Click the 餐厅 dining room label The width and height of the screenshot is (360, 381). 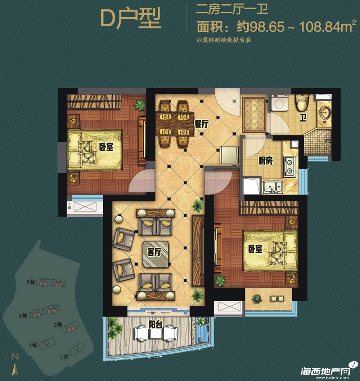201,124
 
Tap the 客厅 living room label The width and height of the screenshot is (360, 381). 154,252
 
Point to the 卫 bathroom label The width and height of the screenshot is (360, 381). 303,118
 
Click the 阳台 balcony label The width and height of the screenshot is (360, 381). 156,324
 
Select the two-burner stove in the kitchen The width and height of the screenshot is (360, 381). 289,167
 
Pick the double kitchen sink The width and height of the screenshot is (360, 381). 273,187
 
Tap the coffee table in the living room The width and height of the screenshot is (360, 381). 156,254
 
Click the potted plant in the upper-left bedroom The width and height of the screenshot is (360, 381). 140,105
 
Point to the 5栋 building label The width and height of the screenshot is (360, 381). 31,282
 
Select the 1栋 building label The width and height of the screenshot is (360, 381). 64,357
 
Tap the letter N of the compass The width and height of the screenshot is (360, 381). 15,356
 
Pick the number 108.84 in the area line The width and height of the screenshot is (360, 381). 319,27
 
